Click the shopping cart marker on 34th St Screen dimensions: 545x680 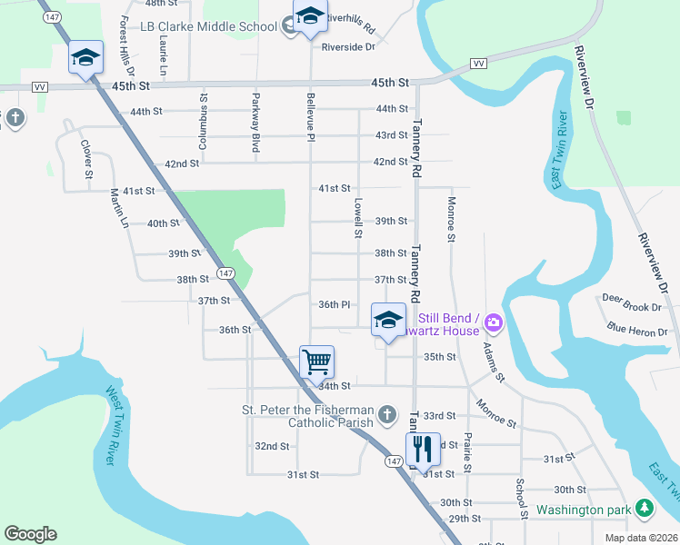click(x=317, y=362)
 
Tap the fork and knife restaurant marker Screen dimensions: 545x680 click(x=421, y=449)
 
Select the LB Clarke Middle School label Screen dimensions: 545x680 click(x=208, y=26)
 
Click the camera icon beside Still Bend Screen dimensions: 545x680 click(x=494, y=322)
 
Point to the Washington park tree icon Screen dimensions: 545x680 click(x=644, y=509)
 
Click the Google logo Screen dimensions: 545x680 click(x=30, y=534)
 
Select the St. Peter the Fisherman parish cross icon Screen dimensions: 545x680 click(x=387, y=414)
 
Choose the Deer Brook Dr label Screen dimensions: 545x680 click(x=631, y=298)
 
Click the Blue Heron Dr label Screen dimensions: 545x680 click(x=635, y=328)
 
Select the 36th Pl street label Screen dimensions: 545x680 click(x=334, y=304)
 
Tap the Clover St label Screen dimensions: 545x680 click(x=87, y=159)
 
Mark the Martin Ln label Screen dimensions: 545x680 click(x=117, y=207)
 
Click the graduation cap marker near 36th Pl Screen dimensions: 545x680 click(x=388, y=320)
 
